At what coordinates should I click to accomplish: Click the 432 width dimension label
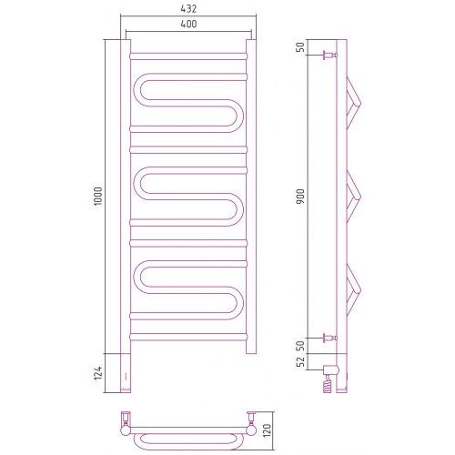click(x=188, y=9)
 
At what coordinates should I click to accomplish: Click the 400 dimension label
click(x=188, y=24)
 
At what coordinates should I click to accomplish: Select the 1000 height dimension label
click(x=98, y=197)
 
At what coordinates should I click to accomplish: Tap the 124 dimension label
click(x=98, y=373)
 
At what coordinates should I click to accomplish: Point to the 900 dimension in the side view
click(x=300, y=196)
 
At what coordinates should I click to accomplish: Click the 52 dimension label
click(x=300, y=361)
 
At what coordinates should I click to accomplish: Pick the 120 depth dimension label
click(x=268, y=430)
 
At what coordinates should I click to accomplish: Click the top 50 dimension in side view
click(x=300, y=47)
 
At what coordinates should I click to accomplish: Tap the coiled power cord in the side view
click(x=329, y=384)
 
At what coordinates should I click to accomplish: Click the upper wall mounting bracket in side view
click(x=330, y=56)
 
